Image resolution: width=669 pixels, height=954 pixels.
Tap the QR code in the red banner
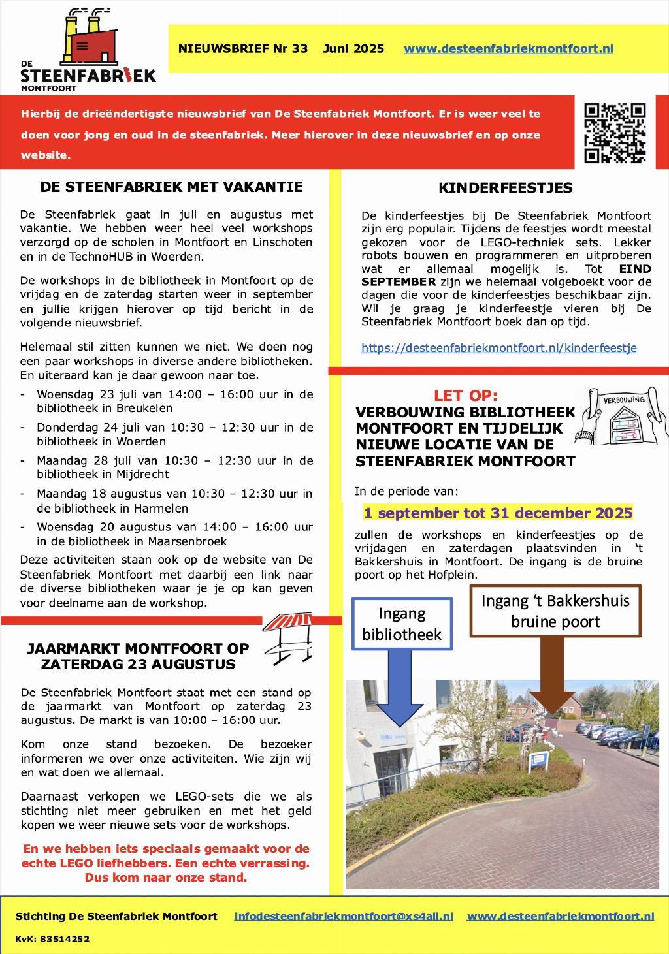[614, 133]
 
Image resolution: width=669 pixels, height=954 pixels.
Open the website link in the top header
[508, 49]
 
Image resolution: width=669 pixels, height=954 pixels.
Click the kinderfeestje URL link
[498, 348]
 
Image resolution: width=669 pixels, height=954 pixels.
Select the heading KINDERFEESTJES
[505, 188]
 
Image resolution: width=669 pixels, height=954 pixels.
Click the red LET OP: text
[466, 396]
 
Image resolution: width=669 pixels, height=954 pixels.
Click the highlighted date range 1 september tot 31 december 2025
[498, 513]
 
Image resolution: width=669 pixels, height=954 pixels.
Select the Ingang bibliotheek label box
[402, 624]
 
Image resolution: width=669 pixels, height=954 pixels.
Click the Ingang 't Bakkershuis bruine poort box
[555, 611]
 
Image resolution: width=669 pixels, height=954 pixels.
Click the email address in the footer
[344, 916]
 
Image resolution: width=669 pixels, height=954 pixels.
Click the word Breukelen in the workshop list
[144, 409]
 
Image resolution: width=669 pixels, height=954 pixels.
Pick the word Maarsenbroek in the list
[188, 541]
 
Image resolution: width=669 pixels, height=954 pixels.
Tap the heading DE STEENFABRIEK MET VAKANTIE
[171, 187]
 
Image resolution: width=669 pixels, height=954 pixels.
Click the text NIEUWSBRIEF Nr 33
[242, 49]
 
